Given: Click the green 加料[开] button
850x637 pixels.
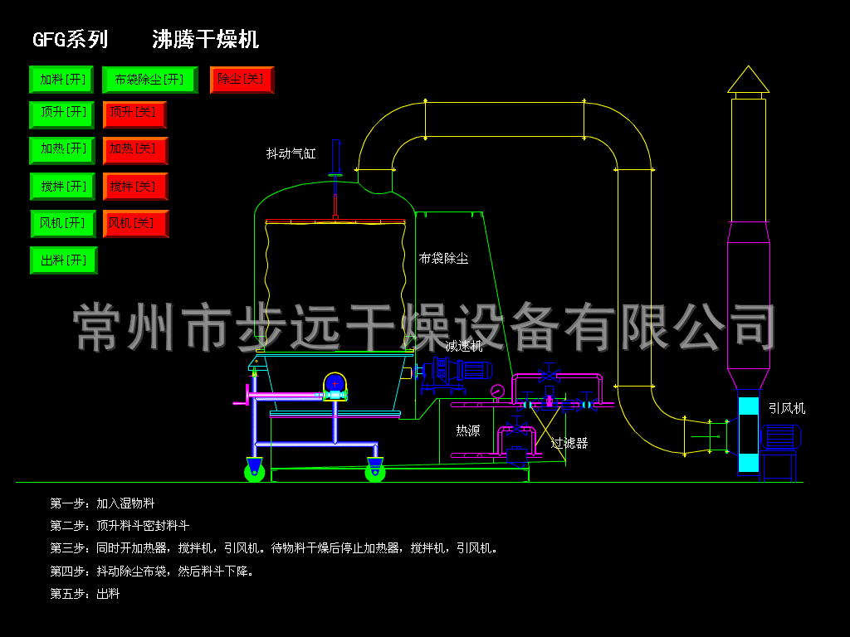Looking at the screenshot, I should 62,80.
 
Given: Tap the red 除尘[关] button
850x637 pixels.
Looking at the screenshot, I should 242,80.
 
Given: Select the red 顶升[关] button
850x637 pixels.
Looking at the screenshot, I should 134,114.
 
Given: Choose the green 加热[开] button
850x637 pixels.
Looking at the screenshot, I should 63,150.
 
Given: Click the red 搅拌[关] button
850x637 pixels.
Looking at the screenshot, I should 134,187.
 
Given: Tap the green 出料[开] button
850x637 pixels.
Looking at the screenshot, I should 63,260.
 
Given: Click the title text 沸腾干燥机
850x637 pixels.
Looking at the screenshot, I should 205,39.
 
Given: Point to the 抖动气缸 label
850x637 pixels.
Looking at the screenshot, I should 291,153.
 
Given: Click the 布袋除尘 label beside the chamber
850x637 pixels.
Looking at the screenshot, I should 443,259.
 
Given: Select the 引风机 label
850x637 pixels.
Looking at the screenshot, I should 786,408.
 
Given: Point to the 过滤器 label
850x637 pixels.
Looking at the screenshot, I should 569,443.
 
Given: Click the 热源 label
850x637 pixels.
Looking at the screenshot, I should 467,430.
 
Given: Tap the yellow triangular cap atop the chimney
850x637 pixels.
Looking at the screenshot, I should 748,80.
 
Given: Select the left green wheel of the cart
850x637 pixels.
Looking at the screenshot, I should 254,472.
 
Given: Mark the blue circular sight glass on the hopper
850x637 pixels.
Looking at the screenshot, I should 335,382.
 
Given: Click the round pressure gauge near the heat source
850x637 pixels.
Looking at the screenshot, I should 497,391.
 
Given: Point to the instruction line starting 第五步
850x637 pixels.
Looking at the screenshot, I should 85,594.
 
